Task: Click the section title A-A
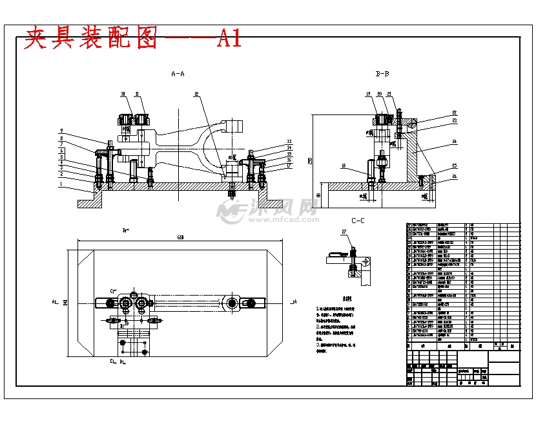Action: [x=178, y=74]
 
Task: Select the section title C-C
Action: [x=358, y=221]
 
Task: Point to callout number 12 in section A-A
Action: [x=196, y=94]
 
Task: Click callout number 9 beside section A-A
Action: [x=62, y=131]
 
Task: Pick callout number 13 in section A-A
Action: [x=289, y=141]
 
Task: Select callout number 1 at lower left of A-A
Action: [x=62, y=184]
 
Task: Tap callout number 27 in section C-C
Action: [x=344, y=231]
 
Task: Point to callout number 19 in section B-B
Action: [x=368, y=94]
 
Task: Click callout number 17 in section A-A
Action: [x=289, y=166]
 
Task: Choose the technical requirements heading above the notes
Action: [x=329, y=299]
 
